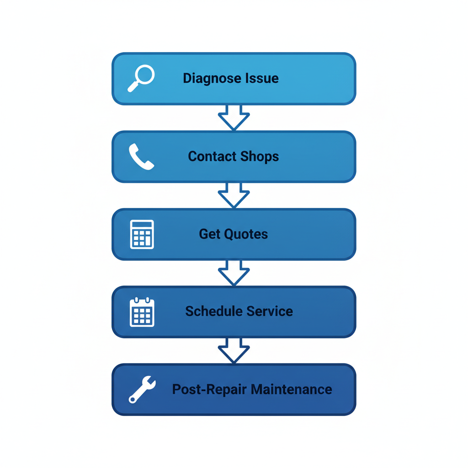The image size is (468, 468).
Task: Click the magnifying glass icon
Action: [141, 78]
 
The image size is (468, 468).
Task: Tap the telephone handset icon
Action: [141, 157]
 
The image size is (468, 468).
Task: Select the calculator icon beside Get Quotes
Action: [142, 234]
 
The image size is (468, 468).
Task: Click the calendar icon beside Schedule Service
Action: [142, 312]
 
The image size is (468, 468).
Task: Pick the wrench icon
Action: [142, 390]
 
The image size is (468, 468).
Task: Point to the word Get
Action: [210, 234]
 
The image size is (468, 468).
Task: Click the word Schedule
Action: [214, 312]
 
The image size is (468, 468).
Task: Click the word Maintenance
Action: [292, 389]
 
